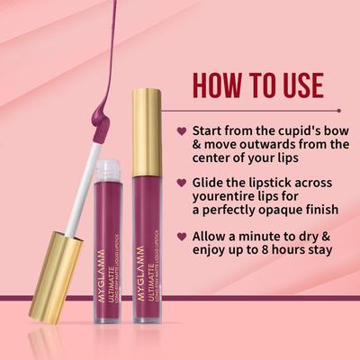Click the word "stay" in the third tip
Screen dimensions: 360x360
pyautogui.click(x=327, y=250)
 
